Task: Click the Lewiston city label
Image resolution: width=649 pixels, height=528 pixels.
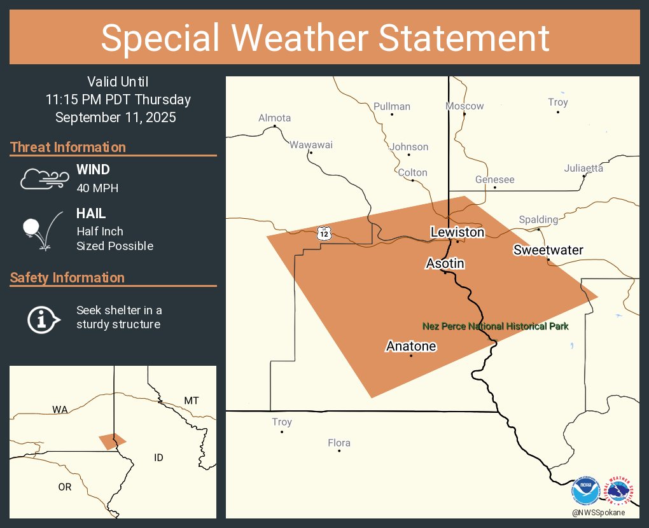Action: click(457, 232)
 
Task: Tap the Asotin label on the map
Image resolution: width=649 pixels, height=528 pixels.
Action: click(445, 263)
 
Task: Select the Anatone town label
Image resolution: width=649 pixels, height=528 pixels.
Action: click(411, 346)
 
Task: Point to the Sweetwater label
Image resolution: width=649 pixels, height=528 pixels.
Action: click(548, 250)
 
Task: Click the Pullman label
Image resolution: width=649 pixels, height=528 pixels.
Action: click(392, 106)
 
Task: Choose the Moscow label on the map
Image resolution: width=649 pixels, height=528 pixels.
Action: click(464, 106)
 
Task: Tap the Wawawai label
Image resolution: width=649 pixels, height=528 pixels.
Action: click(311, 144)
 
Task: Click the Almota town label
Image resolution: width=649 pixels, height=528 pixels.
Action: click(274, 118)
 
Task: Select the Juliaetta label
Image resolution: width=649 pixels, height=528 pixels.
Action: click(583, 168)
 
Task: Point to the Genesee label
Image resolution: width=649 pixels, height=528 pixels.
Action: click(494, 179)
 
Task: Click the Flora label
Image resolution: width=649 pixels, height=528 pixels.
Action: click(339, 443)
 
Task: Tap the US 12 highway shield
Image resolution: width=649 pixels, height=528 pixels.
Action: click(324, 233)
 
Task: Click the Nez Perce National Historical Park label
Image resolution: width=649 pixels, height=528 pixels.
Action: click(496, 326)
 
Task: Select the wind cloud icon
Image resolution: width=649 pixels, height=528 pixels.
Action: click(43, 179)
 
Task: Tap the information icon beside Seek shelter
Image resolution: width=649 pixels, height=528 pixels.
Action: click(43, 319)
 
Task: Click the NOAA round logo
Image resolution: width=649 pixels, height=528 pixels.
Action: click(585, 492)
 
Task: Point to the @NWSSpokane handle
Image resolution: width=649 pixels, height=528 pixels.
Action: click(598, 512)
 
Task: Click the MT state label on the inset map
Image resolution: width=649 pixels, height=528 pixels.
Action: click(192, 401)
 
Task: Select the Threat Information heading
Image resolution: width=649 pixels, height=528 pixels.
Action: click(68, 147)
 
